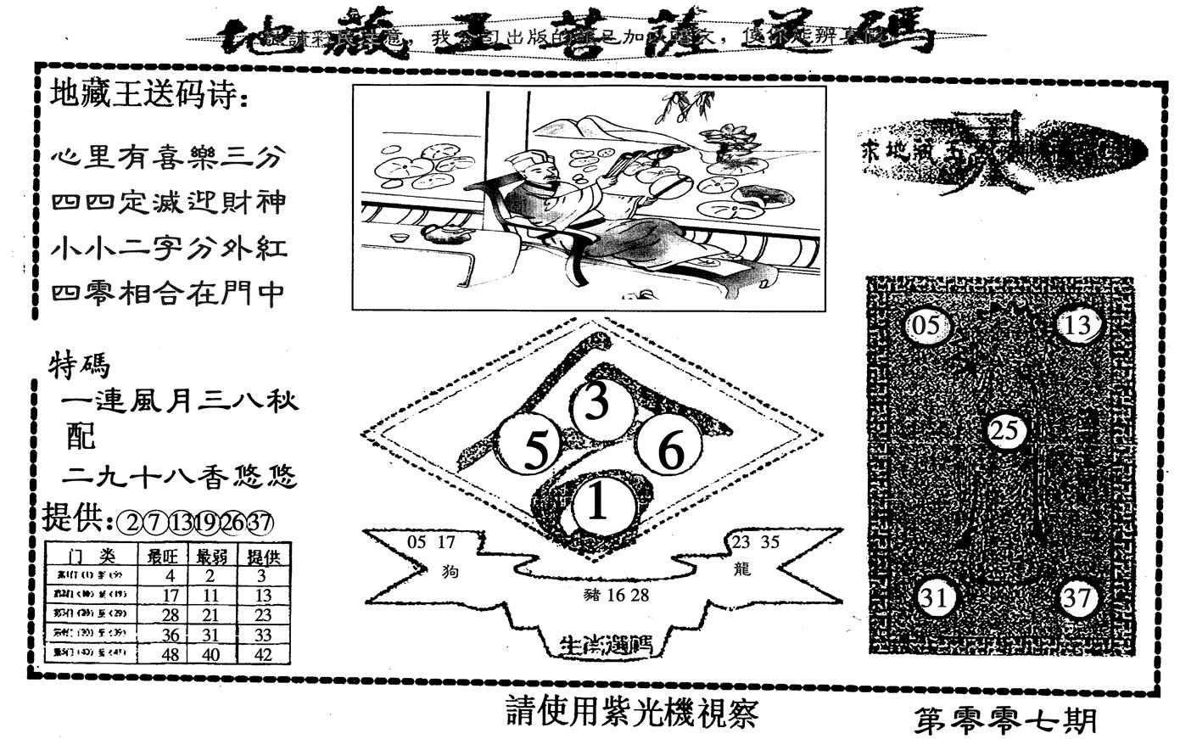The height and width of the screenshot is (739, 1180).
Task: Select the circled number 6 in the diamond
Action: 670,450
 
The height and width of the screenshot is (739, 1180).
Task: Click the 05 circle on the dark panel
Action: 928,326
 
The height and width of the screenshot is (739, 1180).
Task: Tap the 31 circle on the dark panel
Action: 935,598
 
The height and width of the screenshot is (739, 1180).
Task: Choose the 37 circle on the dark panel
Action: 1077,598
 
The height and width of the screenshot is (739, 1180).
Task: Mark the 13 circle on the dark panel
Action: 1077,325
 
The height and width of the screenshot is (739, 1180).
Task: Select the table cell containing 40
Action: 210,653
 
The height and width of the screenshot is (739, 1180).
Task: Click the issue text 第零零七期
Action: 1006,720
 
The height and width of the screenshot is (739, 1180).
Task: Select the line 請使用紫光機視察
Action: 630,713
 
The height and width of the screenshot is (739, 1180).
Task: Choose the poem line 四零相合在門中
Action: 168,294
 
